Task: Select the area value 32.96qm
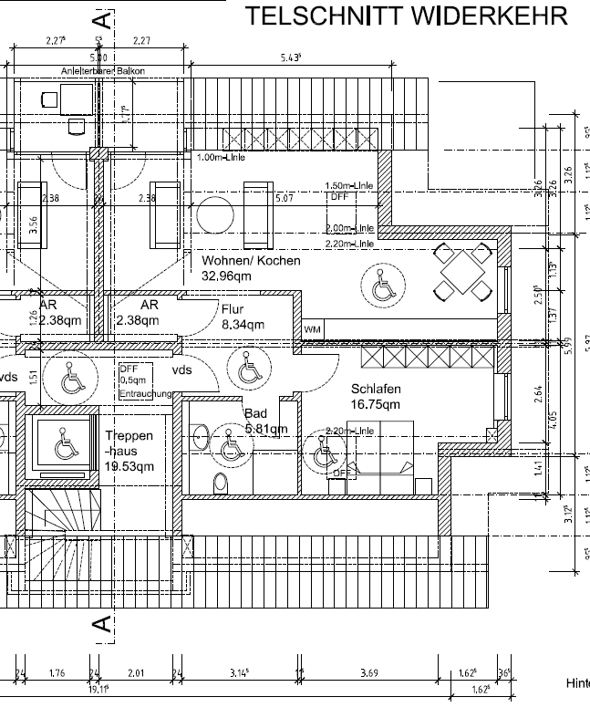click(226, 276)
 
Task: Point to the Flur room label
click(233, 309)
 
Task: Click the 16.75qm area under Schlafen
click(375, 404)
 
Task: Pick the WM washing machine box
click(312, 328)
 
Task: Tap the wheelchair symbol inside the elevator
click(66, 448)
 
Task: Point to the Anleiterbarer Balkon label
click(102, 70)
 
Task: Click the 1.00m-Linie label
click(221, 157)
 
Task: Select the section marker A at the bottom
click(104, 625)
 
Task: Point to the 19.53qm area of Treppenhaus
click(129, 465)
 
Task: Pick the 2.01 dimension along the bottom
click(136, 673)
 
